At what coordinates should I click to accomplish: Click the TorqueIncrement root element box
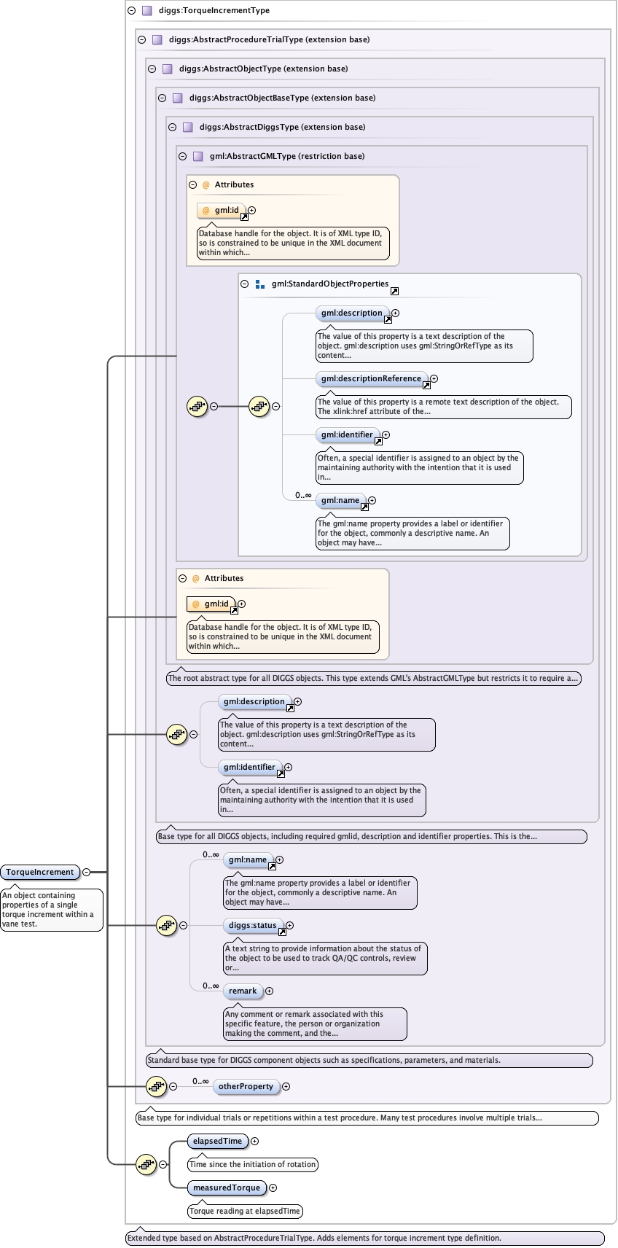tap(40, 872)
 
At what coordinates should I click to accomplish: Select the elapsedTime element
tap(217, 1141)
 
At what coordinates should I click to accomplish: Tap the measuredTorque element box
tap(226, 1187)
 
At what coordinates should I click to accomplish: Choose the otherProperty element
tap(246, 1086)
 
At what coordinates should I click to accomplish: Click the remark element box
tap(243, 991)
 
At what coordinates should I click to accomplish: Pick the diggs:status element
tap(252, 925)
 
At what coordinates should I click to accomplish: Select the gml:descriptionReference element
tap(371, 378)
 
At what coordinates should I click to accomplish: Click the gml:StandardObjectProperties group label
tap(329, 284)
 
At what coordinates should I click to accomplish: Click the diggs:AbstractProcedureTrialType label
tap(269, 39)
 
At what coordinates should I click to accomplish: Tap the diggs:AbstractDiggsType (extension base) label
tap(282, 127)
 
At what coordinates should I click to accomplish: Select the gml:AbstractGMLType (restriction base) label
tap(286, 156)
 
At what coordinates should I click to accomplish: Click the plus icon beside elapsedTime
tap(255, 1141)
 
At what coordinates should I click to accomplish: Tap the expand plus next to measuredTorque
tap(273, 1187)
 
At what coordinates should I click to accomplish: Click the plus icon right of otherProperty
tap(286, 1086)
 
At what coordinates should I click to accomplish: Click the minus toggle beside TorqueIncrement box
tap(87, 872)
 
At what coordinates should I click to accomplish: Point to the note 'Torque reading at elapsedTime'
tap(244, 1211)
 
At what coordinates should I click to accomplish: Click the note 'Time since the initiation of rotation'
tap(252, 1164)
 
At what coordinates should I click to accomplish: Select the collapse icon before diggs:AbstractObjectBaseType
tap(162, 98)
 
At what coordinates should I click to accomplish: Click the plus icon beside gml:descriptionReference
tap(434, 378)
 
